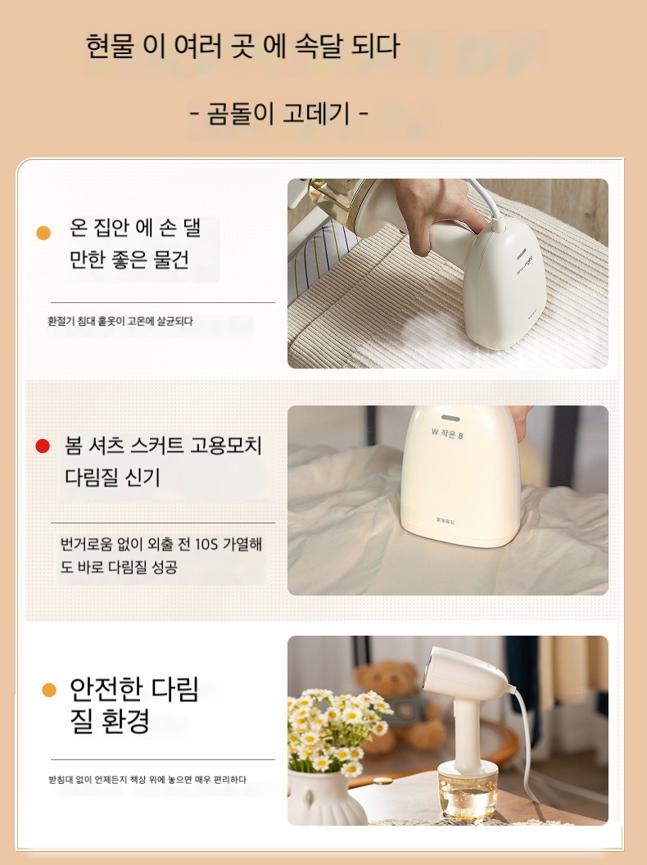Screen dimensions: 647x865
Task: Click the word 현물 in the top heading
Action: (110, 46)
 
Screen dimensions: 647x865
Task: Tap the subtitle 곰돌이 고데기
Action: (278, 114)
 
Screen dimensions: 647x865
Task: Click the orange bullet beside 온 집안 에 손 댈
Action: (43, 233)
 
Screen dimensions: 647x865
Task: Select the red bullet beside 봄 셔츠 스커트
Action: (43, 446)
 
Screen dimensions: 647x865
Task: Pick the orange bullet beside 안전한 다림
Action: (49, 691)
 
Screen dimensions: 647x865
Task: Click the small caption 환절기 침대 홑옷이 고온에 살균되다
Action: (120, 321)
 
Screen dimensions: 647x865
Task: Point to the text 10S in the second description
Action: (207, 545)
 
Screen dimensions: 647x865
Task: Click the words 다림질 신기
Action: (112, 477)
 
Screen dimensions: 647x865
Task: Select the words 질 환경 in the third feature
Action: (110, 721)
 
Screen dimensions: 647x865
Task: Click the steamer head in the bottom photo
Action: (466, 677)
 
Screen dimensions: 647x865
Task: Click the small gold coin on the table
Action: (382, 781)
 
